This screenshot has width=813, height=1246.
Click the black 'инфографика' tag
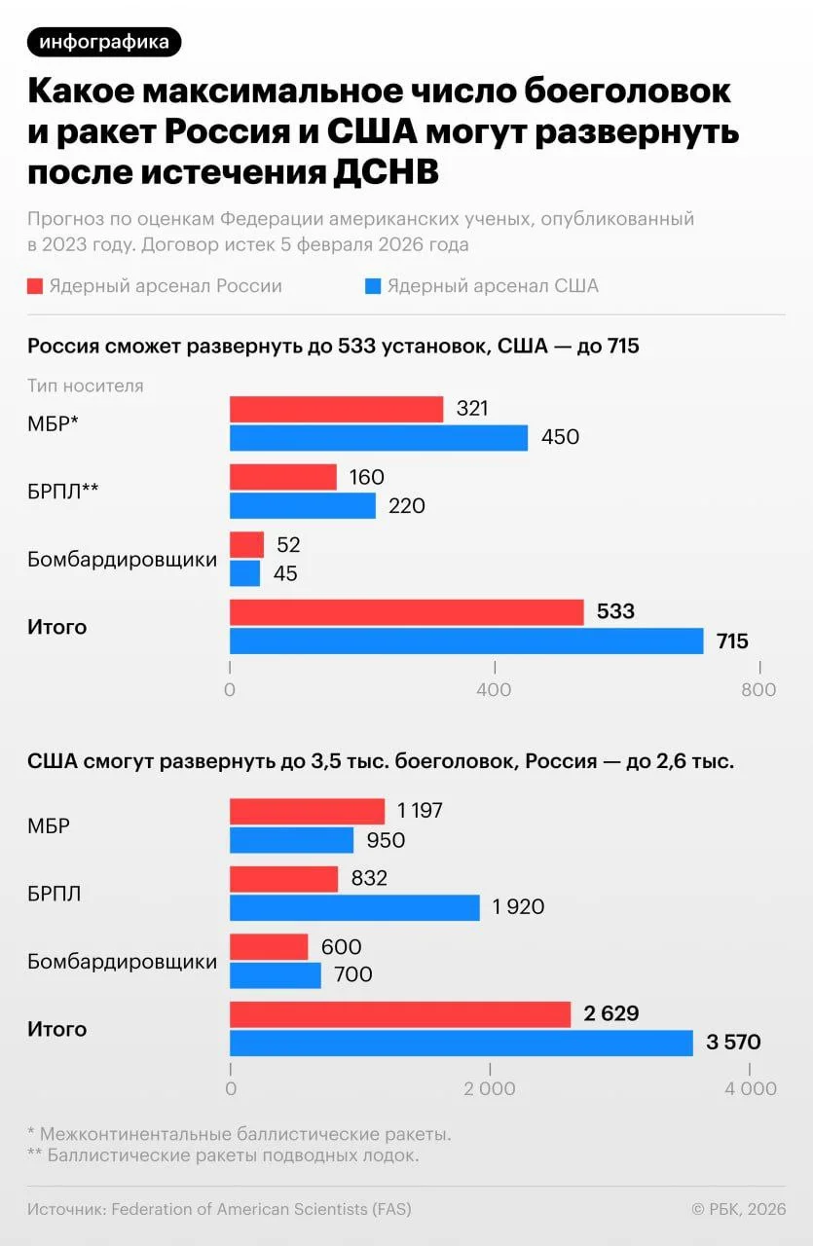(104, 42)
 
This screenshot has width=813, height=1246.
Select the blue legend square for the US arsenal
(371, 286)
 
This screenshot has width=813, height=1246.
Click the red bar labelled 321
(336, 409)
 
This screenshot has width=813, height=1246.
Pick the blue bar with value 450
(378, 437)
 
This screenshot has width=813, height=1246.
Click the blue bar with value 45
(244, 573)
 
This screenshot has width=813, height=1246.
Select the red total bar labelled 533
(406, 612)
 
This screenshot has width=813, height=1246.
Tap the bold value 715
(732, 641)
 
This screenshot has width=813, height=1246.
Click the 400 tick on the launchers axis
(495, 689)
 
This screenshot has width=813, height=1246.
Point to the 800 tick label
(758, 689)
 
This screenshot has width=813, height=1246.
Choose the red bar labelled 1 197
(307, 811)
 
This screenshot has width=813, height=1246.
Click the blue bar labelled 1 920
(354, 907)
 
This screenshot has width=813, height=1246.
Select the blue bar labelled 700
(275, 974)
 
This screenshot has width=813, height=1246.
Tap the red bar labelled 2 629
(399, 1013)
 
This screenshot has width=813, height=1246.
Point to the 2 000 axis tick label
(490, 1089)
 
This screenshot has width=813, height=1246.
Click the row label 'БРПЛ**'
(63, 492)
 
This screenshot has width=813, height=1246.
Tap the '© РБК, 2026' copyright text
(738, 1209)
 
